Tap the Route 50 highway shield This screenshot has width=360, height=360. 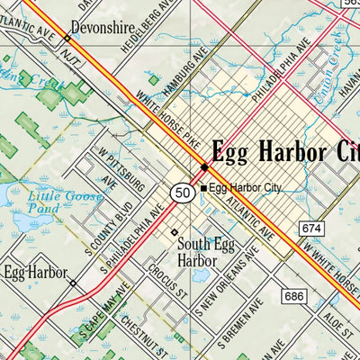tap(183, 192)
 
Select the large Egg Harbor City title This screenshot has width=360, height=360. tap(283, 151)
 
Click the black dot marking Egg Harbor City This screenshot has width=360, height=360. tap(204, 167)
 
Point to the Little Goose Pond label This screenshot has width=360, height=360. tap(53, 203)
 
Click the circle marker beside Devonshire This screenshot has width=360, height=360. tap(67, 40)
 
